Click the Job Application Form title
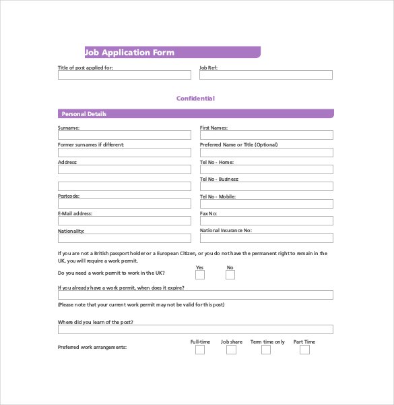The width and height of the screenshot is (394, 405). (129, 53)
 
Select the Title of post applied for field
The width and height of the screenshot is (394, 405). (124, 75)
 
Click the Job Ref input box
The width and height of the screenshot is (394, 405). (265, 75)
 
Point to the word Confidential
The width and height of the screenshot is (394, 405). (195, 99)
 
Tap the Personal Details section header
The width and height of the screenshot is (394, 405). (84, 114)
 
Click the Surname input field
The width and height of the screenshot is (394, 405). (124, 135)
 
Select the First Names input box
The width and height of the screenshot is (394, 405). (266, 135)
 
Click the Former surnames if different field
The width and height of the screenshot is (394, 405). (124, 153)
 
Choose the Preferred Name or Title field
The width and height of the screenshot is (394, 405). (266, 153)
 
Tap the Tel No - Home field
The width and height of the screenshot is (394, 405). (266, 169)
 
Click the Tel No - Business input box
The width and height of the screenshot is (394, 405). (266, 187)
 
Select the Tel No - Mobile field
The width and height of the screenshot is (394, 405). (266, 204)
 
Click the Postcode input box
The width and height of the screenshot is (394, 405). (124, 204)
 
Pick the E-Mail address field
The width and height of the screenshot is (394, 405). (124, 221)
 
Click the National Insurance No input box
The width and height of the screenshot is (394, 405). (266, 238)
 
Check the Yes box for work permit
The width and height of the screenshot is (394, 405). (200, 275)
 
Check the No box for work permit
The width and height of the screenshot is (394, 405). (230, 275)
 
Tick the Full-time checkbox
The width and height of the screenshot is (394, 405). (200, 350)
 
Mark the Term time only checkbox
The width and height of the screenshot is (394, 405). (266, 350)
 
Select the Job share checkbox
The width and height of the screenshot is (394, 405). (231, 350)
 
